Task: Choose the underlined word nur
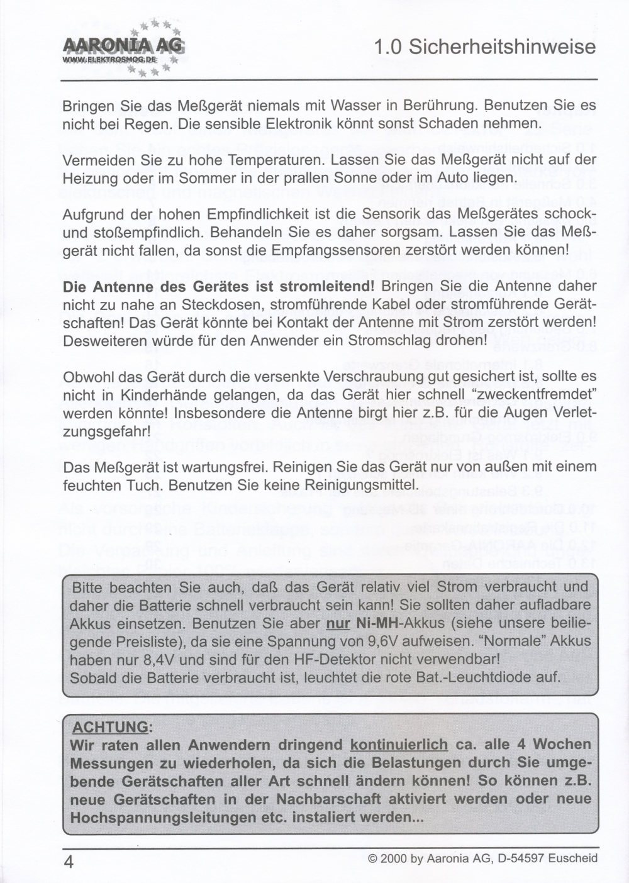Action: pyautogui.click(x=338, y=625)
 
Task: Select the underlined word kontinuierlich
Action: pyautogui.click(x=399, y=745)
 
